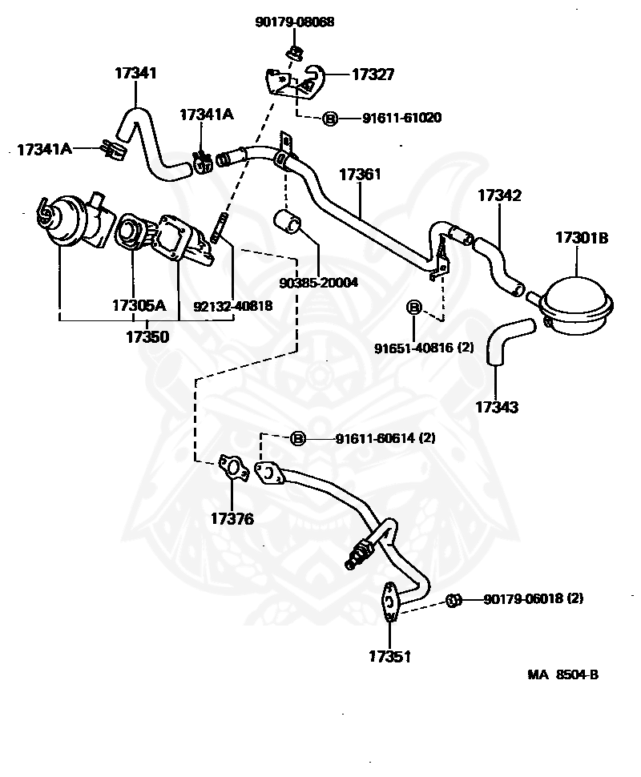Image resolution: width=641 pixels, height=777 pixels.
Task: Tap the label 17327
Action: (x=373, y=74)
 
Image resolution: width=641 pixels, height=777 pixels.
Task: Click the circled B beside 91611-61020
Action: (x=329, y=119)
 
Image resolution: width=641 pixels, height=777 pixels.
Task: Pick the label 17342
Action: (x=499, y=195)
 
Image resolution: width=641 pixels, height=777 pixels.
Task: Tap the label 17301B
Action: (x=582, y=237)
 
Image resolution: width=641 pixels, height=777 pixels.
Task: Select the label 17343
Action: (x=496, y=407)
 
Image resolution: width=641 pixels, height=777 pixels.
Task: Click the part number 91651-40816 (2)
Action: (x=425, y=348)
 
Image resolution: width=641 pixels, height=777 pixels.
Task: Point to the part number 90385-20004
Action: (x=318, y=283)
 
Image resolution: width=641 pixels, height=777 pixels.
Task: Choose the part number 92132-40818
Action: (x=232, y=305)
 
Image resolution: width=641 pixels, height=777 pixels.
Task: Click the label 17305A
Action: (x=138, y=305)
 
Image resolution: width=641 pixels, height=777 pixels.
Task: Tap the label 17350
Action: (x=147, y=337)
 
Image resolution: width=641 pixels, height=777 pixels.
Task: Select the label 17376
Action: (x=232, y=519)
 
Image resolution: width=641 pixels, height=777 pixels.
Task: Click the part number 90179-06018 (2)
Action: (x=533, y=598)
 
